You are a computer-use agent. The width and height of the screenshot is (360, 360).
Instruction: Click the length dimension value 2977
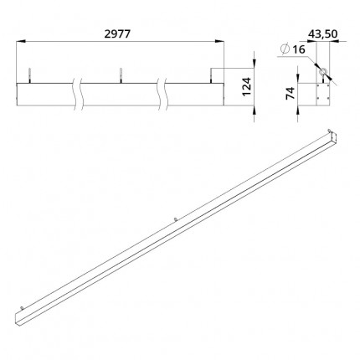point(117,34)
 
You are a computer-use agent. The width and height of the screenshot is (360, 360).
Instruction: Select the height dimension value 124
point(247,87)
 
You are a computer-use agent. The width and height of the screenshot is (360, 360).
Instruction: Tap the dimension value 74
point(291,93)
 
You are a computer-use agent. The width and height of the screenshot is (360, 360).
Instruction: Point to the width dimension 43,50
point(322,33)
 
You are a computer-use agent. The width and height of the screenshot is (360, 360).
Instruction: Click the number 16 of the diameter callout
point(299,49)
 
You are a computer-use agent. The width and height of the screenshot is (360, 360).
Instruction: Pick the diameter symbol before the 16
point(285,49)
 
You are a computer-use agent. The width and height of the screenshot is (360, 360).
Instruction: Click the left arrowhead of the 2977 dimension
point(21,42)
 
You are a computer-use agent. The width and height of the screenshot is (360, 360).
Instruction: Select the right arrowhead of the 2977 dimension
point(219,42)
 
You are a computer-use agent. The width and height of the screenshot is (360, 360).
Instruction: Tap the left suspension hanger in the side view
point(29,75)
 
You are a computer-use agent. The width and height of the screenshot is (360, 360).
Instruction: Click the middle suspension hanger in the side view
point(121,75)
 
